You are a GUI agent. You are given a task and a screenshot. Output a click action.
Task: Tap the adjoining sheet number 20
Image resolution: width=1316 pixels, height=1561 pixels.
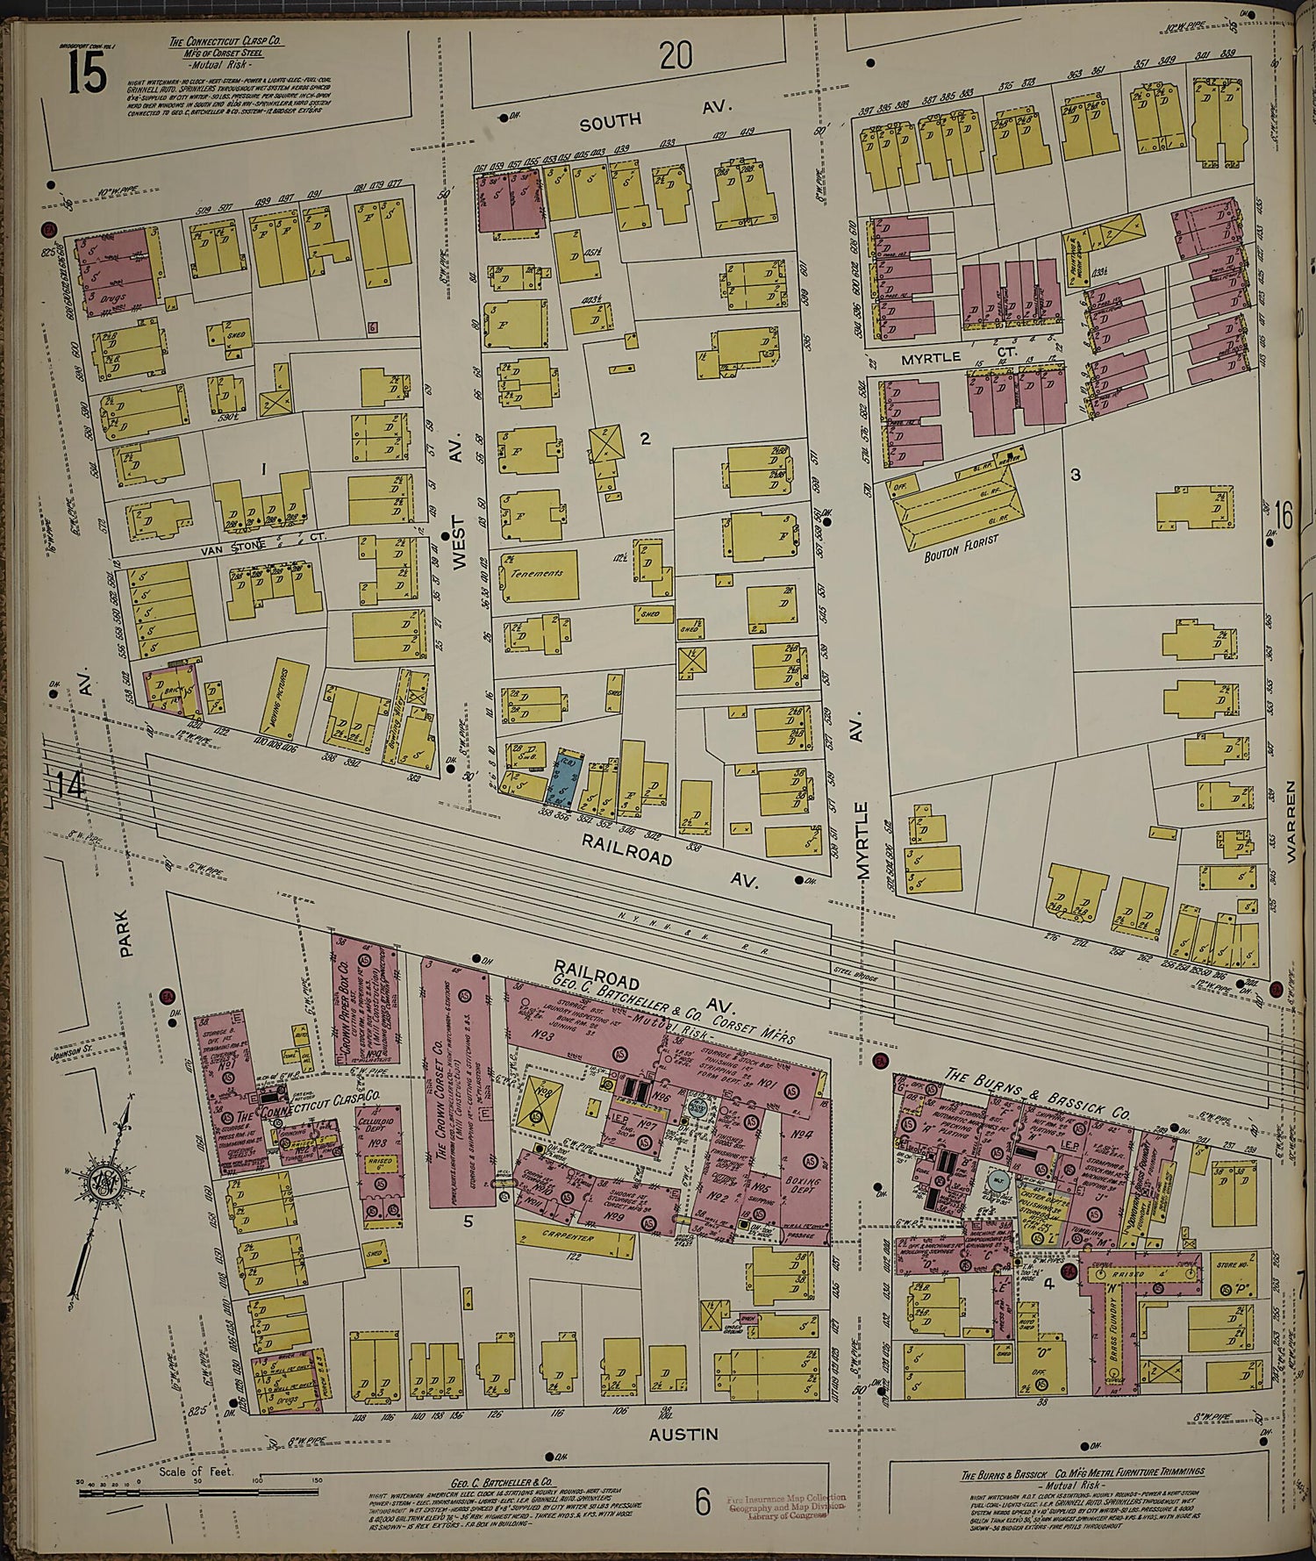point(676,56)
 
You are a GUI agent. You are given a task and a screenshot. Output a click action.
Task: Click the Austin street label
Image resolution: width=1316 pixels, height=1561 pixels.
point(684,1434)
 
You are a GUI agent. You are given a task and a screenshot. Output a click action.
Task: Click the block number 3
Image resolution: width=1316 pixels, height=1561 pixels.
point(1075,475)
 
